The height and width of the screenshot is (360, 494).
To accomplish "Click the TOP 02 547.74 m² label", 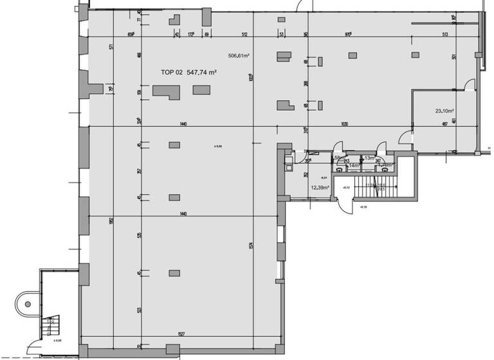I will pos(188,73).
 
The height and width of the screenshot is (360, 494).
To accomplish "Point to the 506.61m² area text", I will pos(239,56).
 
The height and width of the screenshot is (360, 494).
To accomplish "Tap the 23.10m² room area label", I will pos(444,111).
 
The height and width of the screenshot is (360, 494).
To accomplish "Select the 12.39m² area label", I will pos(320,188).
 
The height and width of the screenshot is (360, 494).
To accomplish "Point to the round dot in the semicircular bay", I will pos(27,303).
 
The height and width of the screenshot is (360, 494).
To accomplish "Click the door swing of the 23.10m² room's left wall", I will pos(406,137).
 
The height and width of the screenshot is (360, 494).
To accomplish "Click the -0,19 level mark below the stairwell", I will pos(363,207).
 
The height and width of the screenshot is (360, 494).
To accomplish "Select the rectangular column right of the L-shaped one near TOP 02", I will pos(200,91).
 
